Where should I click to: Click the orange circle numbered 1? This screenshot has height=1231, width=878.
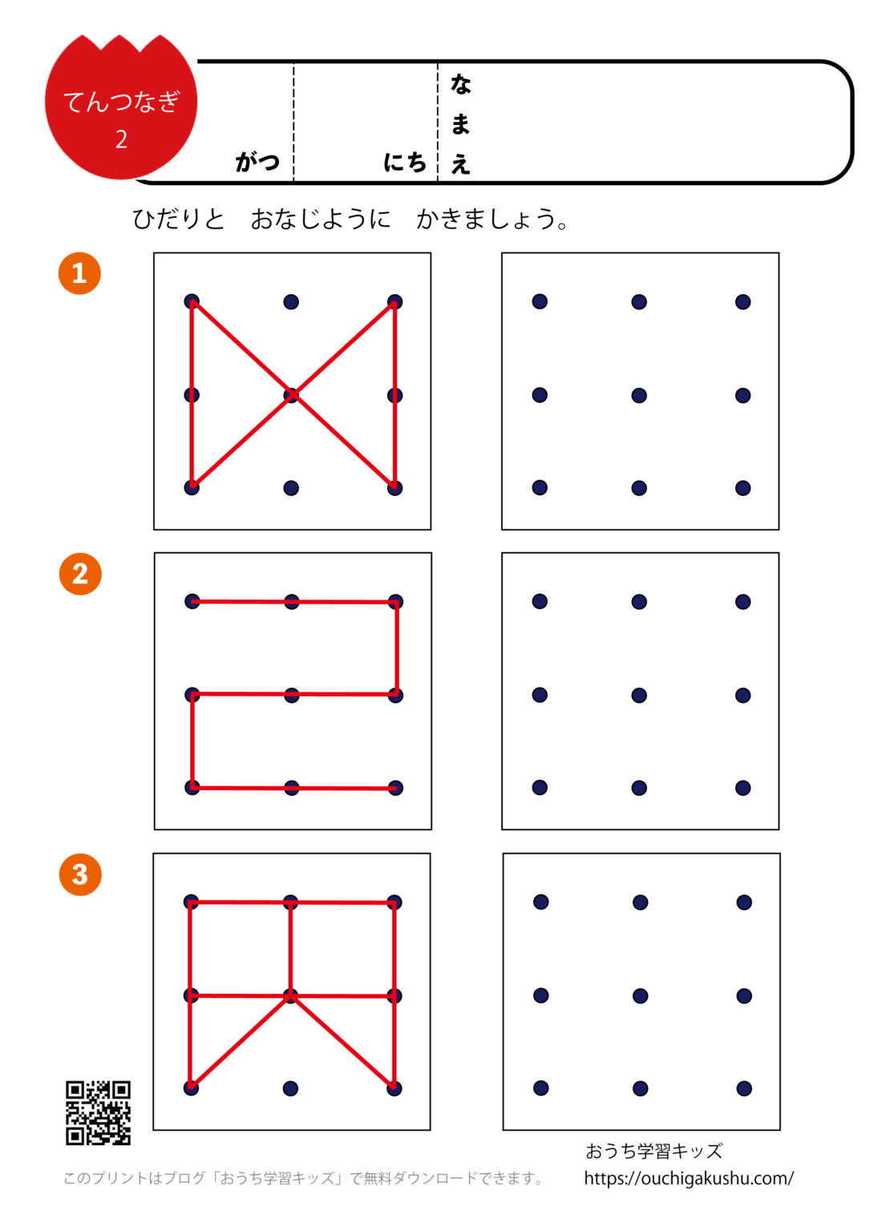coord(79,273)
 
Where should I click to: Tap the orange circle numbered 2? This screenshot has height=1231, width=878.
coord(80,574)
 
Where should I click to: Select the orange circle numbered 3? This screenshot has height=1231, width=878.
coord(80,874)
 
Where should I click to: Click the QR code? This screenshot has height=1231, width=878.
coord(98,1112)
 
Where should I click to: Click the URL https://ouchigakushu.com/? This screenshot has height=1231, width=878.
coord(688,1178)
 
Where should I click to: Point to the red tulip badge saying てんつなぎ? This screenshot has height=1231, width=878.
coord(121,107)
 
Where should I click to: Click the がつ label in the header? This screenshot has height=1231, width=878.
coord(257,162)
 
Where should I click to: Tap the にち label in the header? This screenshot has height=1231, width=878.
coord(405,162)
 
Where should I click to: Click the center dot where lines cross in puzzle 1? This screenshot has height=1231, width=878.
coord(291,395)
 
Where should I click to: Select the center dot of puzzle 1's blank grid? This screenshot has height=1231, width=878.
coord(639,395)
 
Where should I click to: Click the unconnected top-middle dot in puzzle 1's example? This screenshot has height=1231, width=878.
coord(291,302)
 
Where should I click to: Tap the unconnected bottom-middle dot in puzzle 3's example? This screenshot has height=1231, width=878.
coord(290,1088)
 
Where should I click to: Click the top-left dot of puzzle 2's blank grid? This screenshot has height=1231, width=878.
coord(540,602)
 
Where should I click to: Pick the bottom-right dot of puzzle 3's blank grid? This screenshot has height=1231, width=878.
coord(744,1088)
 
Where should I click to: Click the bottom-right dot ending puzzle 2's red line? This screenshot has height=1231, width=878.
coord(395,789)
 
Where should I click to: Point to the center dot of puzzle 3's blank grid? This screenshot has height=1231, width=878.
coord(640,996)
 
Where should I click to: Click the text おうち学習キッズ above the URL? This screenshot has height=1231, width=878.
coord(653,1152)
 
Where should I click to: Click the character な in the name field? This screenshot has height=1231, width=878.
coord(460,84)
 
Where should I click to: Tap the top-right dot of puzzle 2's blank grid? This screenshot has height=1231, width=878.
coord(743,602)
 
